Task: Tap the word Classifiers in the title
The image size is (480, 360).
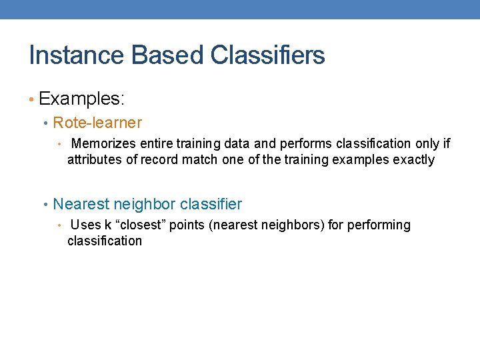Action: (x=268, y=55)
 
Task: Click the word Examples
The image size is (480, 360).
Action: (x=81, y=99)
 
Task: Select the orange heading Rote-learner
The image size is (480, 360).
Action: (x=97, y=123)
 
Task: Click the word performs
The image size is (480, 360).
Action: (x=309, y=143)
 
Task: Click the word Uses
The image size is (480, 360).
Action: (x=85, y=225)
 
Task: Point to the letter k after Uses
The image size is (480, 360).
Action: (x=108, y=225)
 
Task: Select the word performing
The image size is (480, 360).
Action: (x=378, y=225)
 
